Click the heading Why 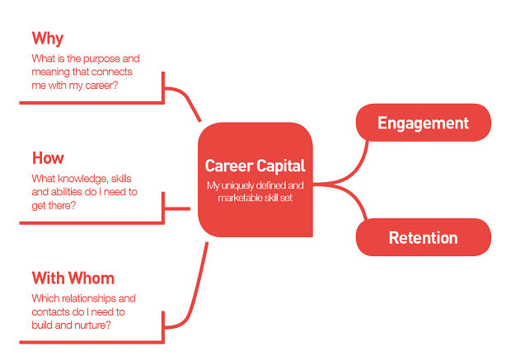pyautogui.click(x=48, y=39)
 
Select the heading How pyautogui.click(x=48, y=158)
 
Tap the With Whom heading pyautogui.click(x=73, y=278)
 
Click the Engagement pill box pyautogui.click(x=424, y=123)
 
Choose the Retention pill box pyautogui.click(x=424, y=237)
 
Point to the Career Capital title pyautogui.click(x=255, y=166)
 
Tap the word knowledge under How pyautogui.click(x=82, y=179)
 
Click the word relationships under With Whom pyautogui.click(x=89, y=298)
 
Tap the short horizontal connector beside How pyautogui.click(x=177, y=208)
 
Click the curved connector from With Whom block pyautogui.click(x=195, y=293)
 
